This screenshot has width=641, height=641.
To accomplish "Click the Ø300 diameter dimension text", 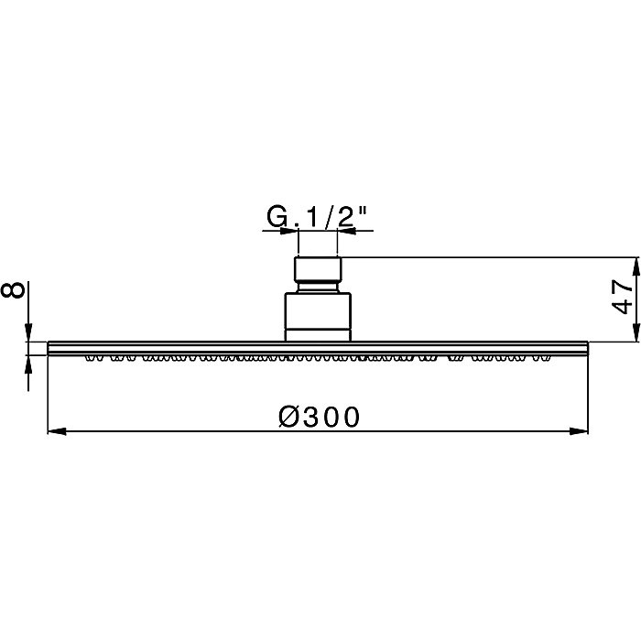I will click(318, 417).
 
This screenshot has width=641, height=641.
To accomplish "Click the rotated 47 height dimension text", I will click(622, 299).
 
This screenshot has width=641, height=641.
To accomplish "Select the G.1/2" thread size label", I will click(318, 217).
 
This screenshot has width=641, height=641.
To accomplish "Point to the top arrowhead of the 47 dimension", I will click(634, 265).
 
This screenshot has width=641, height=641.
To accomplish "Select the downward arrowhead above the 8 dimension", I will click(29, 333).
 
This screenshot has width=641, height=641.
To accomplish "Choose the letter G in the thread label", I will click(276, 217).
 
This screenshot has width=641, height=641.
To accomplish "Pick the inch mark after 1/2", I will click(364, 211).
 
